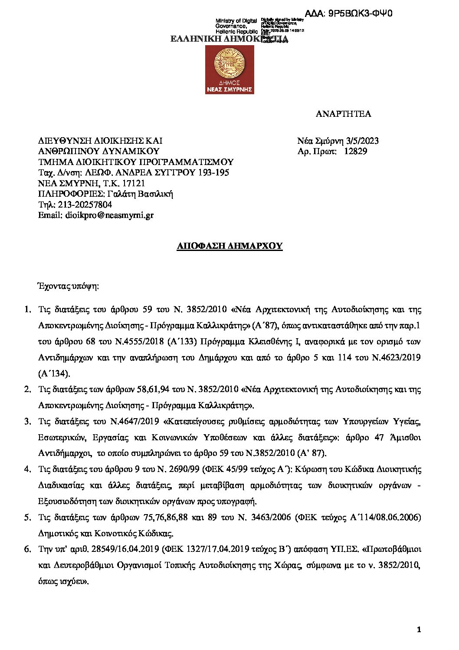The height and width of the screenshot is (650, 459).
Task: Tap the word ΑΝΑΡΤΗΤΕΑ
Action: (x=343, y=114)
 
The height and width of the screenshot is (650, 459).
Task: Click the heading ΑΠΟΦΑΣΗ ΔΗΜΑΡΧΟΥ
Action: (x=230, y=246)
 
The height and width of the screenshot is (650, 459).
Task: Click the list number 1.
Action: (x=27, y=310)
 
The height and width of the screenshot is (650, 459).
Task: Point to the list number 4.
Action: (x=27, y=469)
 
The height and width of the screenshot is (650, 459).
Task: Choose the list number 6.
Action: (x=27, y=549)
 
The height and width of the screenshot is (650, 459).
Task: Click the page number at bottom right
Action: (x=419, y=629)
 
